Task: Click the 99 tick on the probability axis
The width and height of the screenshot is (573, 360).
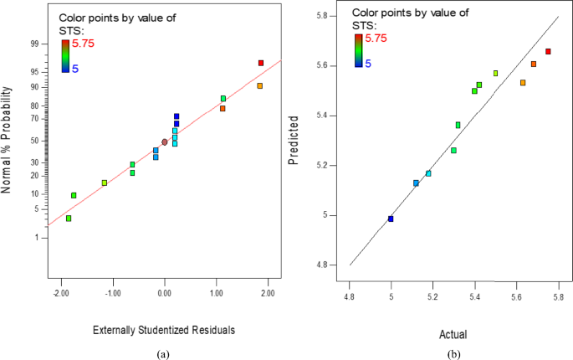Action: click(x=34, y=44)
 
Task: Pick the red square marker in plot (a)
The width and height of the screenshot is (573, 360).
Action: click(x=261, y=64)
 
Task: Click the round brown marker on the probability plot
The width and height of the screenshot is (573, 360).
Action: click(x=165, y=142)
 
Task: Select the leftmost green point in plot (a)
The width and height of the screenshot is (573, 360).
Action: click(x=69, y=219)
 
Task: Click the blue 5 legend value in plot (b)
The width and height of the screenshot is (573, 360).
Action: click(x=367, y=63)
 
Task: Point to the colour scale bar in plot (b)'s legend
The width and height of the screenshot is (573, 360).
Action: click(x=358, y=50)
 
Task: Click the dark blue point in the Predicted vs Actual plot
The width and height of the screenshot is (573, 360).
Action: click(x=391, y=219)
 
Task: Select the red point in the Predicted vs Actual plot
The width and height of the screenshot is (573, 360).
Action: click(x=548, y=52)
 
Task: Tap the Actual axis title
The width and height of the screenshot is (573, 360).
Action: click(x=453, y=334)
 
